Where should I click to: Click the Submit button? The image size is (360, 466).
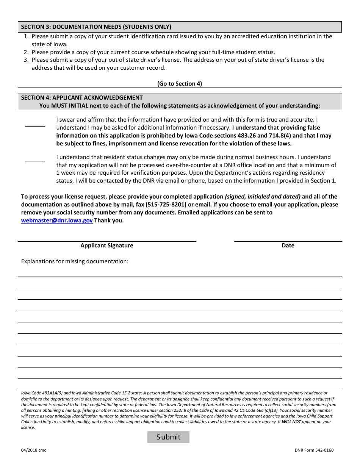click(168, 437)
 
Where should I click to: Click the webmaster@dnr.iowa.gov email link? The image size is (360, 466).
click(57, 220)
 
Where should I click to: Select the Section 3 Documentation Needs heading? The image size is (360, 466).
click(96, 27)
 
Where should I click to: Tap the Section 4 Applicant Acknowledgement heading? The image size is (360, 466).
click(82, 98)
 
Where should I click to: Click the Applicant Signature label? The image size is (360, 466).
click(107, 246)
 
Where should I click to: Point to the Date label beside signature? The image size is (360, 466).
click(288, 246)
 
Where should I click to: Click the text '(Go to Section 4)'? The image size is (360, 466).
click(180, 84)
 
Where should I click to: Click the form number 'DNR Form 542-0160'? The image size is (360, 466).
click(314, 450)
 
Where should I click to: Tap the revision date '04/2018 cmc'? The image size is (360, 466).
click(34, 450)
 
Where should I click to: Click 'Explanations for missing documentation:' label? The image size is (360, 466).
click(75, 261)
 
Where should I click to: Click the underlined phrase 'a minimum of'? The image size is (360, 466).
click(318, 165)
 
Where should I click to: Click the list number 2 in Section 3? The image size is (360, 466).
click(26, 52)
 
